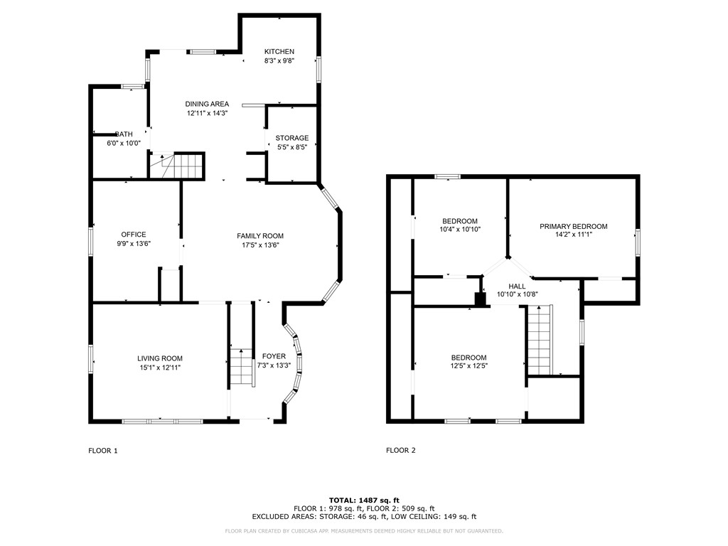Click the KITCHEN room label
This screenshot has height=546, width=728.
tap(279, 52)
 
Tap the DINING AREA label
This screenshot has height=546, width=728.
tap(208, 104)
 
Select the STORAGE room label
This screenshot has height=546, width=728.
tap(291, 138)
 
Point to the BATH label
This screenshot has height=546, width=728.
tap(124, 134)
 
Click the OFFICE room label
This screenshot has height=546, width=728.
tap(133, 235)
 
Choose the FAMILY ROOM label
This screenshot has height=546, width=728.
tap(260, 236)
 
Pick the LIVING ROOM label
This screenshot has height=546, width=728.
tap(160, 358)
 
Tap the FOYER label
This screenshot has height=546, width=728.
tap(274, 356)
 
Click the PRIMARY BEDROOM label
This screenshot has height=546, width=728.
tap(573, 227)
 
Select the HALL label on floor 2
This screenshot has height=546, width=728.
tap(517, 285)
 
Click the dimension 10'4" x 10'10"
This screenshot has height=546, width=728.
tap(459, 230)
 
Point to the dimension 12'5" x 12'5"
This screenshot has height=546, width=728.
tap(469, 366)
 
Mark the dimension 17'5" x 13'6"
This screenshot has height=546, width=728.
tap(260, 245)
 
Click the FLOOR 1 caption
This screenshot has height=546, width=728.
tap(103, 450)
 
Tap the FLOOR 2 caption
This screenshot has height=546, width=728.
tap(401, 450)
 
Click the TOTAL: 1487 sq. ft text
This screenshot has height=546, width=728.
tap(363, 500)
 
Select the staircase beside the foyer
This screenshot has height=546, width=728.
tap(242, 367)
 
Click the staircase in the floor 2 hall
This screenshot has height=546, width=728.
tap(540, 339)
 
